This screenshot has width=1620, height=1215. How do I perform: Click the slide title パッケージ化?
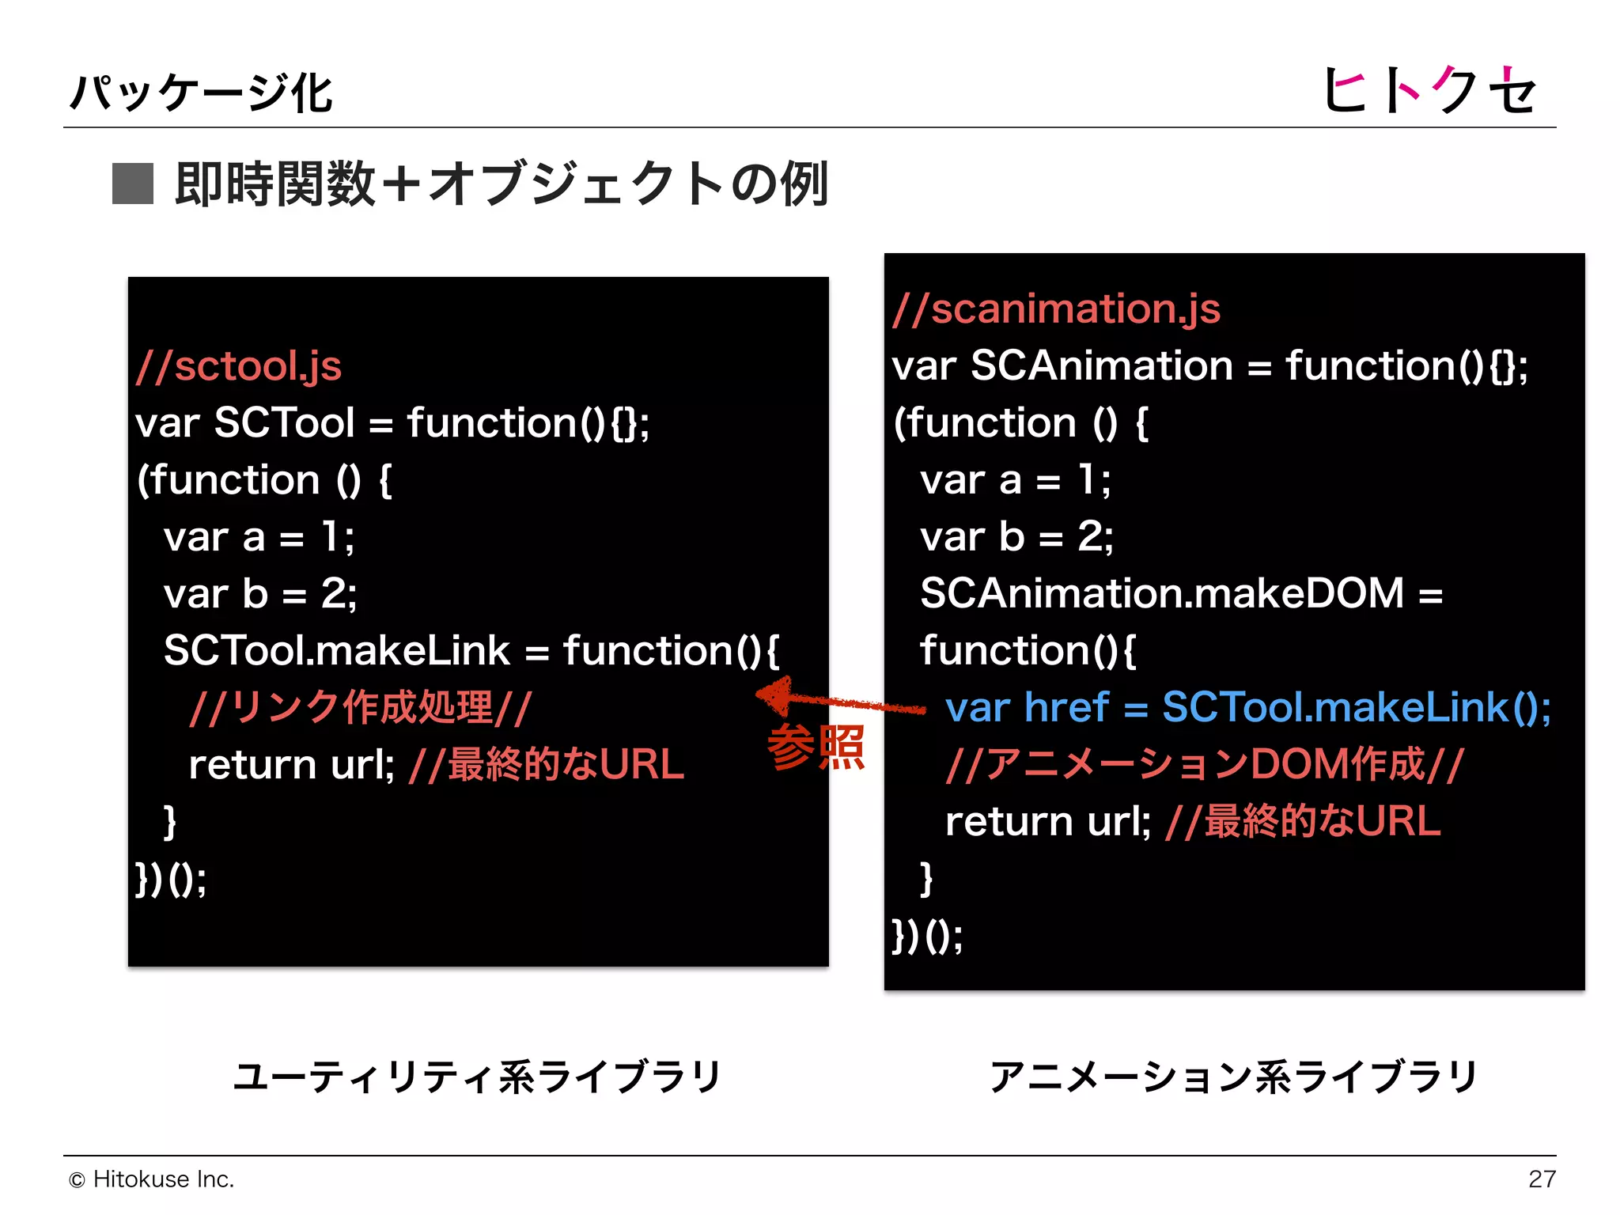pos(201,93)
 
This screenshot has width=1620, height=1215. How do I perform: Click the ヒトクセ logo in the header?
pos(1429,89)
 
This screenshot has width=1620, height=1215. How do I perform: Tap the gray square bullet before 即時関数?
pos(132,184)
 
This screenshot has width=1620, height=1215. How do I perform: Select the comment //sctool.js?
pos(238,366)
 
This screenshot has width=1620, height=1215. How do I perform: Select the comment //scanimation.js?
pos(1056,308)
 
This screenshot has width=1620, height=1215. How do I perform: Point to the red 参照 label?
pos(816,747)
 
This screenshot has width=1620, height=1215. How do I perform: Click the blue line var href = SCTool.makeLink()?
pos(1247,707)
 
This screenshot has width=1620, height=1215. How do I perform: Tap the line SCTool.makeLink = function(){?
pos(471,651)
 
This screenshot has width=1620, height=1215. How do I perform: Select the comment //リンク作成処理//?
pos(360,707)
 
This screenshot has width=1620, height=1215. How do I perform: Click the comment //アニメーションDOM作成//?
pos(1205,764)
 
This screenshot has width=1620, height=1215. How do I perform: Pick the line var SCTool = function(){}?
pos(392,423)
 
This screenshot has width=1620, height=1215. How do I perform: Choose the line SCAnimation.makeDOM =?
pos(1181,593)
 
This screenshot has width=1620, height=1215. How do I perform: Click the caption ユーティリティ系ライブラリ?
pos(477,1077)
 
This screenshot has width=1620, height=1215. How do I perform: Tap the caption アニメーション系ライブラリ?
pos(1233,1077)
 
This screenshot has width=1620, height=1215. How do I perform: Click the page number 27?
pos(1542,1179)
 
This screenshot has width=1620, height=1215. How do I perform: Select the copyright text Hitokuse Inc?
pos(152,1179)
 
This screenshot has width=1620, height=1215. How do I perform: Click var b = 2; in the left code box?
pos(259,594)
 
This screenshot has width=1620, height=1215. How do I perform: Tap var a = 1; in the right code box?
pos(1015,480)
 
